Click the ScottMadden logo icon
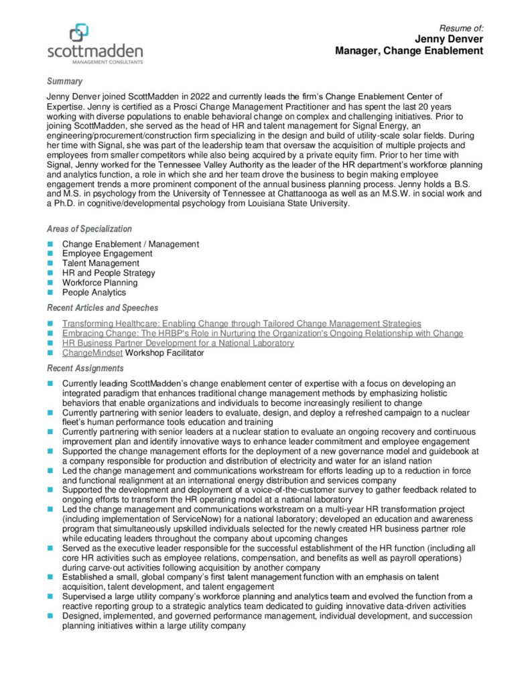79,32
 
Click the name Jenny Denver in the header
449,40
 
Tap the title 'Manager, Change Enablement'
409,51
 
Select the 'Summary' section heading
64,82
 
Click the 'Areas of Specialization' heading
89,229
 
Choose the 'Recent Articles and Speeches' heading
103,308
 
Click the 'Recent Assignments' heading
85,368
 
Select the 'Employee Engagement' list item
107,254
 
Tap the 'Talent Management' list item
101,263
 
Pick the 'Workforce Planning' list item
100,283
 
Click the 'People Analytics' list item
94,293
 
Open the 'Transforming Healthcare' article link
241,324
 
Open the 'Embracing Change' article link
262,334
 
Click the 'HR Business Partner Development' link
178,343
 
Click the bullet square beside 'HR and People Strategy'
50,273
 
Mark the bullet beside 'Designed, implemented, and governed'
50,616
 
